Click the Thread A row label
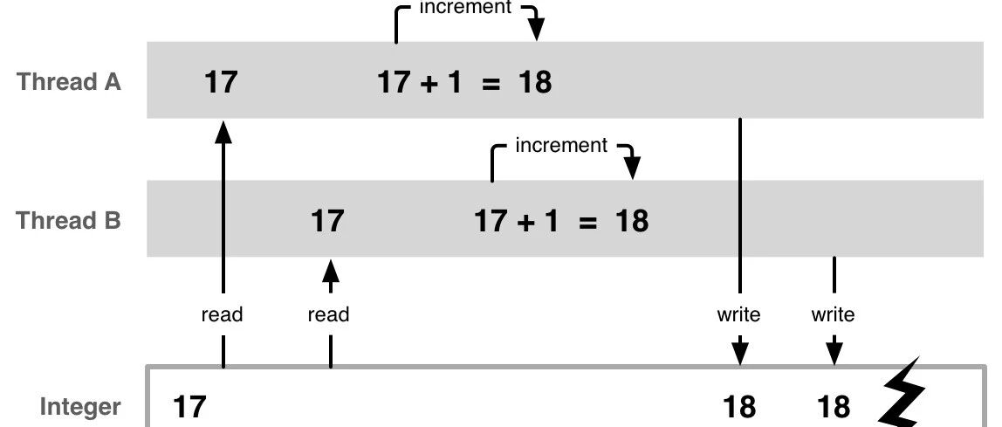click(69, 82)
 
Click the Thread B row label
click(69, 221)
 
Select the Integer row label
click(80, 407)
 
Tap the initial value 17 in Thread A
click(221, 82)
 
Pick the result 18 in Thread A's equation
click(535, 82)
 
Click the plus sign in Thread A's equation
click(428, 83)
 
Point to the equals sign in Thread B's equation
click(588, 222)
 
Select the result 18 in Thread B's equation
click(632, 221)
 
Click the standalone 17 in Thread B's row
click(327, 221)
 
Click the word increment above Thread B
click(562, 146)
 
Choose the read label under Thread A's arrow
click(223, 314)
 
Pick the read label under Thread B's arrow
click(328, 314)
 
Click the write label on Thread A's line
click(738, 314)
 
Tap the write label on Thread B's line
click(834, 314)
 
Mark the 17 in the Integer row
click(190, 407)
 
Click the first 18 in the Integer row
click(739, 407)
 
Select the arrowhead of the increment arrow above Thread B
click(632, 169)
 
